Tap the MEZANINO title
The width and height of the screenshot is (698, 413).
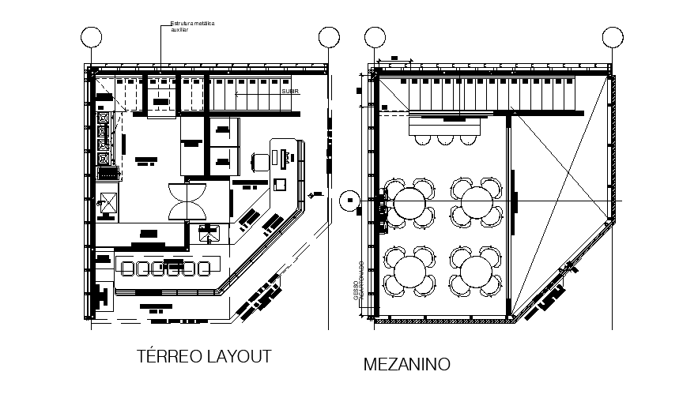tap(406, 365)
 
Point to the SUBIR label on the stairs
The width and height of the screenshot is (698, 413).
tap(290, 91)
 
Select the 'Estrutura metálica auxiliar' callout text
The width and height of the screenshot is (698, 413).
tap(192, 27)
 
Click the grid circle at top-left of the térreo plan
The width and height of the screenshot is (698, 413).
tap(92, 36)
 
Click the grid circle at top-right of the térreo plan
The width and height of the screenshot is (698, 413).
tap(328, 36)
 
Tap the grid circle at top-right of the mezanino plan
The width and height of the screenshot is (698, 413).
tap(612, 36)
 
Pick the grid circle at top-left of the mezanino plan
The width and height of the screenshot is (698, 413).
tap(375, 36)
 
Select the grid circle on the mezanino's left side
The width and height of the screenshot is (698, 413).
tap(347, 201)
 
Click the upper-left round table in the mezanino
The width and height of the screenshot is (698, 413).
tap(409, 202)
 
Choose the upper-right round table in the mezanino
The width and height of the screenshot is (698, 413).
tap(476, 202)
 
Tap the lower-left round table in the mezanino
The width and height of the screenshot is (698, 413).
tap(409, 272)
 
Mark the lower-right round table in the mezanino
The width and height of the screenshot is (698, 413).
tap(476, 272)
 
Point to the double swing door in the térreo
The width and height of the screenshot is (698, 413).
tap(187, 201)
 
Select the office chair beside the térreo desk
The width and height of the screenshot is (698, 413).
tap(259, 161)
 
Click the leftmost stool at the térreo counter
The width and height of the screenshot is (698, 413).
tap(126, 268)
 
